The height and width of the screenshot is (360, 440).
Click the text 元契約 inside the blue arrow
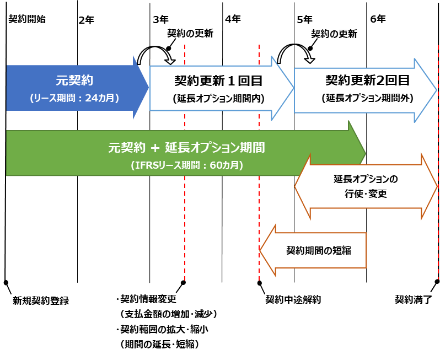click(74, 80)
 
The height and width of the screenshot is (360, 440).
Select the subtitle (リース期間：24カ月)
click(74, 98)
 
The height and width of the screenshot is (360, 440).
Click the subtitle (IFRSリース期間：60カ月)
click(187, 165)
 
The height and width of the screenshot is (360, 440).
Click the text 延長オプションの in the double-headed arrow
click(366, 180)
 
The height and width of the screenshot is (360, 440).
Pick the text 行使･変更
click(366, 195)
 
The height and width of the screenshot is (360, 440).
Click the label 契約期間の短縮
click(319, 250)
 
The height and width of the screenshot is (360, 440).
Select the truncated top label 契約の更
click(185, 33)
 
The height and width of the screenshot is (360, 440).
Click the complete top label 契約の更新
click(334, 34)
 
